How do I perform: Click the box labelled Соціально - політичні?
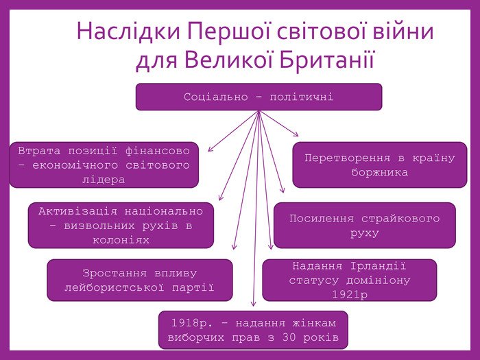point(259,97)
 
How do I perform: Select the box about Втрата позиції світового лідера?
point(104,165)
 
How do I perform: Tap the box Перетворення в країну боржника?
point(379,165)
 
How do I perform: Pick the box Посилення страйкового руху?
point(364,226)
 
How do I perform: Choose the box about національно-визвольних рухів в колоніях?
point(121,226)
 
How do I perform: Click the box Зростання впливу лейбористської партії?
point(139,280)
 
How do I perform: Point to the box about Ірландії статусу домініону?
point(349,280)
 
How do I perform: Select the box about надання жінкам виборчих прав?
point(253,330)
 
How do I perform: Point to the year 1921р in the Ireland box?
point(350,294)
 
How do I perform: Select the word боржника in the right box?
point(379,172)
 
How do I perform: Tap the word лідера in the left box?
point(104,180)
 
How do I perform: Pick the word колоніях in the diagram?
point(121,240)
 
